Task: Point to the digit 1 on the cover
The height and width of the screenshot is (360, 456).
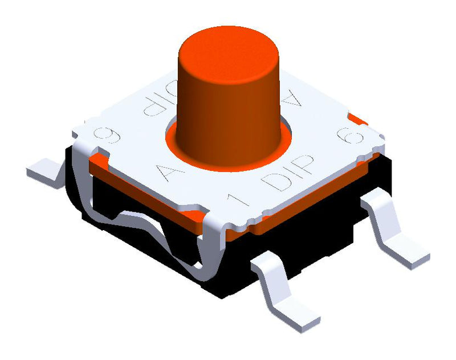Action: [234, 201]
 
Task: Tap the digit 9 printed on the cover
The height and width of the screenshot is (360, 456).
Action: [112, 136]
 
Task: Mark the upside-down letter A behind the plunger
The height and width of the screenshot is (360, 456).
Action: [292, 101]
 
